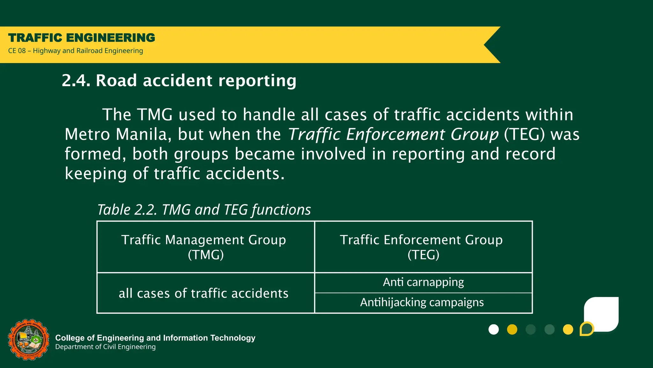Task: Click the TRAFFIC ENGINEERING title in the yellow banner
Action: tap(82, 38)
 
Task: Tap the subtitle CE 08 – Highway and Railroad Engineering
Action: tap(76, 51)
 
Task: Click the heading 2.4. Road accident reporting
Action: tap(179, 80)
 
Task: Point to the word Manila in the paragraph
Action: tap(141, 134)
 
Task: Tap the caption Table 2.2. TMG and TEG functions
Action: tap(204, 210)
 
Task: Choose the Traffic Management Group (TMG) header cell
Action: tap(205, 247)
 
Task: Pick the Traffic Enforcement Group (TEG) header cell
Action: tap(423, 247)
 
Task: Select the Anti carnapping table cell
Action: tap(423, 282)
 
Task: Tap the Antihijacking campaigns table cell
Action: tap(423, 303)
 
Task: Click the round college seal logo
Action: tap(29, 340)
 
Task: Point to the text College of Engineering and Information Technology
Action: tap(155, 338)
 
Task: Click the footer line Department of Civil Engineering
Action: tap(106, 347)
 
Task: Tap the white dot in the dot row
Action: tap(494, 329)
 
